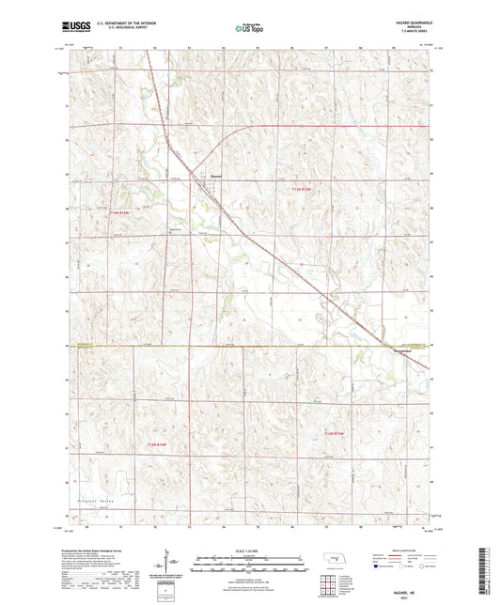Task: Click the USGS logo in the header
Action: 71,29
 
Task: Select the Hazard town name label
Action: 215,175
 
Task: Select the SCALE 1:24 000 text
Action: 251,551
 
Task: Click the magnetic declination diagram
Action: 172,564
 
